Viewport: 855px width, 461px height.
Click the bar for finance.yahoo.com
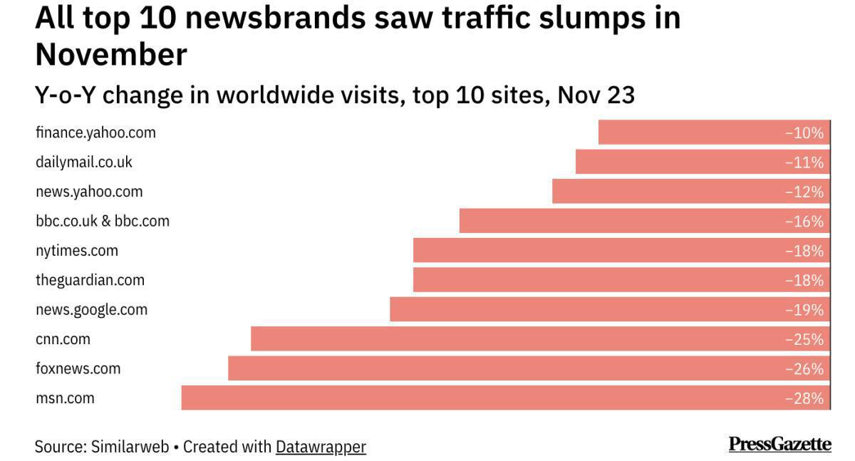[712, 133]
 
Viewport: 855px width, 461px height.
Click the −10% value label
[804, 133]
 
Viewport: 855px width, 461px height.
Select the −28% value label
[804, 399]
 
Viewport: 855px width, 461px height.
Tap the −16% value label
[804, 222]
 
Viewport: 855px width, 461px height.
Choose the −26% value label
[804, 369]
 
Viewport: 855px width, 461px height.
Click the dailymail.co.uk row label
[84, 162]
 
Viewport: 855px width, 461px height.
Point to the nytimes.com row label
[77, 251]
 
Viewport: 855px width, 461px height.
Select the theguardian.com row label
[90, 280]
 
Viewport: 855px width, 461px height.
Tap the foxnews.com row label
[78, 368]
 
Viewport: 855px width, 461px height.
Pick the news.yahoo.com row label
[89, 192]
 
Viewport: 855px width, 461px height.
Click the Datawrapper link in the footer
[321, 447]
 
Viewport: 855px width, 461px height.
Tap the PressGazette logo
[779, 445]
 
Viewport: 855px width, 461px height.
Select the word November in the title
[111, 54]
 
